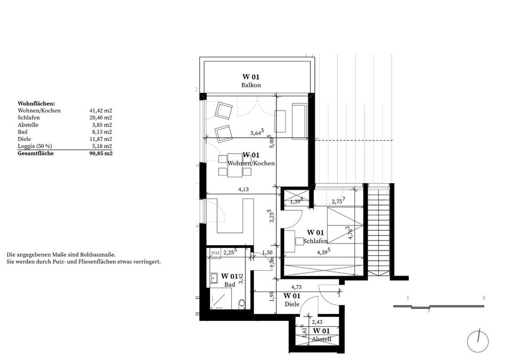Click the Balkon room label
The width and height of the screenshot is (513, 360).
(x=251, y=85)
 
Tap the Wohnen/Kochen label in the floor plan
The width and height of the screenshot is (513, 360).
(x=251, y=163)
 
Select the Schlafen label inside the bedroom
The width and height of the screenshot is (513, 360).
(x=315, y=241)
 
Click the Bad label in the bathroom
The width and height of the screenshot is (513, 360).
(x=230, y=285)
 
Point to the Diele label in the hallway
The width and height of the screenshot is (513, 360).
(x=292, y=304)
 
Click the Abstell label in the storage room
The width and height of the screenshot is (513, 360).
(x=321, y=339)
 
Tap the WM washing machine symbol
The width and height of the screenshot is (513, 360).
(x=215, y=253)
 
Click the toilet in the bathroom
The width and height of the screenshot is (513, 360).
(x=242, y=304)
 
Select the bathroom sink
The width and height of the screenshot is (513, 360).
(x=214, y=278)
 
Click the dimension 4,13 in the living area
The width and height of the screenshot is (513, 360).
(x=243, y=189)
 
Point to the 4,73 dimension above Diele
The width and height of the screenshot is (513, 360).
(x=296, y=287)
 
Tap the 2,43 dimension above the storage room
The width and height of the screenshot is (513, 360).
(x=317, y=322)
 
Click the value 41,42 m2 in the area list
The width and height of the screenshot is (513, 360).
(x=101, y=111)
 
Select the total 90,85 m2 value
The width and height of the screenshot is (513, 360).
(x=101, y=153)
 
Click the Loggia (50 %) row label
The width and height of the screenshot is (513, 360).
(x=35, y=146)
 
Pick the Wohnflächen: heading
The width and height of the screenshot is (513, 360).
(x=36, y=104)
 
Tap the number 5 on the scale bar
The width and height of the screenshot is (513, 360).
(x=484, y=298)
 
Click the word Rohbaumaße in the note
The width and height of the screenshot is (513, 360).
(x=99, y=254)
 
